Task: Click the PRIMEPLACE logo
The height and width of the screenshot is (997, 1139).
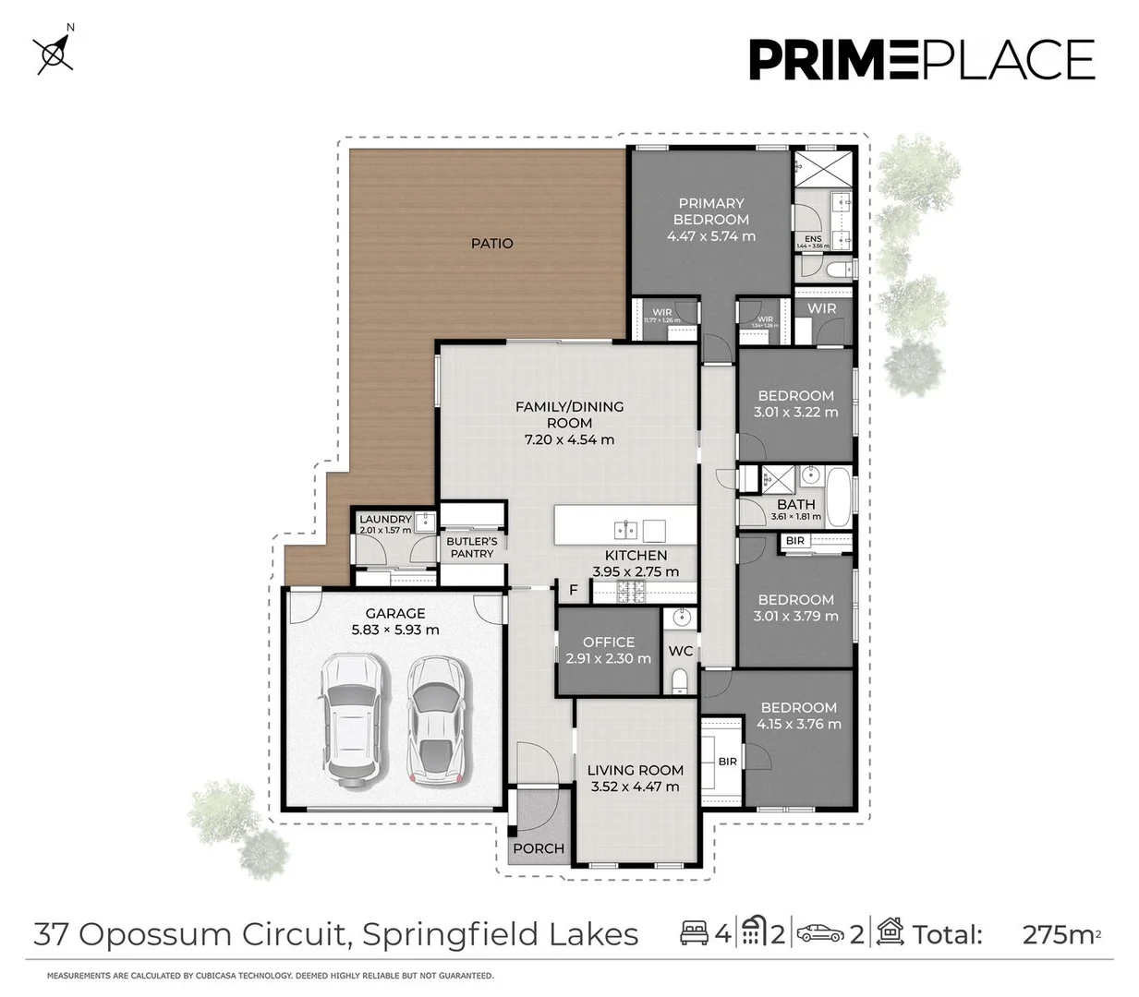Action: pyautogui.click(x=921, y=60)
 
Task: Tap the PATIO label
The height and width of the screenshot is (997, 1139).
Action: pyautogui.click(x=491, y=244)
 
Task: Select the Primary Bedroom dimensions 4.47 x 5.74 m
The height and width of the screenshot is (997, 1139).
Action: pyautogui.click(x=710, y=236)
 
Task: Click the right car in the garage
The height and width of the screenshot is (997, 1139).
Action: pyautogui.click(x=434, y=719)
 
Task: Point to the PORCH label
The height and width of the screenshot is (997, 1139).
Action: pyautogui.click(x=538, y=848)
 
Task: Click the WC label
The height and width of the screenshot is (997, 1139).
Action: pyautogui.click(x=680, y=651)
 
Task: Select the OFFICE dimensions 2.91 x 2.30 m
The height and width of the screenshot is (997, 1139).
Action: pyautogui.click(x=608, y=659)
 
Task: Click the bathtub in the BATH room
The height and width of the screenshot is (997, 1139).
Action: pyautogui.click(x=839, y=498)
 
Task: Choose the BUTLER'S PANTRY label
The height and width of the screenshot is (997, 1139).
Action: pyautogui.click(x=471, y=547)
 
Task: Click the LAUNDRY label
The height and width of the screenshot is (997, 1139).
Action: pyautogui.click(x=385, y=520)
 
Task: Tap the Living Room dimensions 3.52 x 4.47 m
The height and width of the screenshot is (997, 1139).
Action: pyautogui.click(x=635, y=787)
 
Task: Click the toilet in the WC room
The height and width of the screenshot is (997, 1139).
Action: pyautogui.click(x=680, y=681)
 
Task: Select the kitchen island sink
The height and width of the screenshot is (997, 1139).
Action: pyautogui.click(x=625, y=530)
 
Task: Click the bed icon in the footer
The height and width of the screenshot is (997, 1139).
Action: pyautogui.click(x=694, y=933)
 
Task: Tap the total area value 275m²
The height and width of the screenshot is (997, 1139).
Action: pyautogui.click(x=1060, y=934)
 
